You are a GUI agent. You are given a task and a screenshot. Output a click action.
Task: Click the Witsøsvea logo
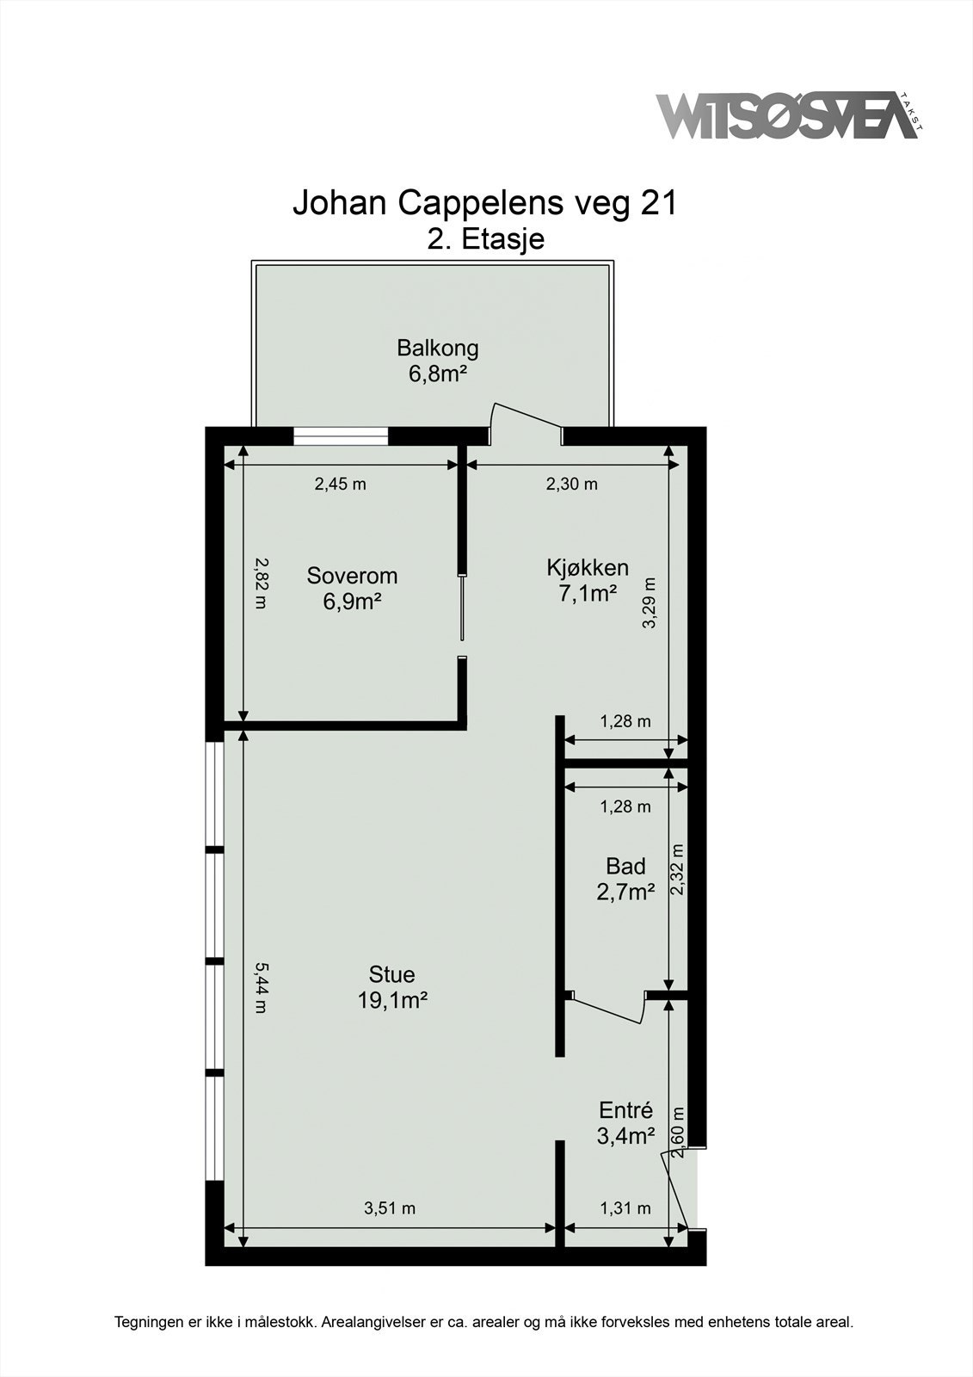pos(787,116)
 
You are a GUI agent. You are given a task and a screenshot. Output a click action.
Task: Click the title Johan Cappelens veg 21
pos(485,204)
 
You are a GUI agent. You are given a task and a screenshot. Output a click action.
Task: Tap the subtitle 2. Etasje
pos(485,238)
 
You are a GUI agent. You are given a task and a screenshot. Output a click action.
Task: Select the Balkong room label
pos(437,349)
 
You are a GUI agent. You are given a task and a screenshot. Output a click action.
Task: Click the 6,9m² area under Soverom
pos(352,601)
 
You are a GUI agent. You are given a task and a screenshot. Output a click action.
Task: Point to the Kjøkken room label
pos(588,568)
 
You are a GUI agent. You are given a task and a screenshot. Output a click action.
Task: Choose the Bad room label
pos(625,866)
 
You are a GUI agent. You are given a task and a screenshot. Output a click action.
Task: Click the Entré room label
pos(625,1110)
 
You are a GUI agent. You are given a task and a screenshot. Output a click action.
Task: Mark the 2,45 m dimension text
pos(340,484)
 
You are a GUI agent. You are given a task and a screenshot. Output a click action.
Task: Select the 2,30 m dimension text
pos(571,484)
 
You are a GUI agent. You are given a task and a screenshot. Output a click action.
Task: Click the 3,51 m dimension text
pos(389,1208)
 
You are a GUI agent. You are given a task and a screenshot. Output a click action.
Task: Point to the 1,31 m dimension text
pos(625,1208)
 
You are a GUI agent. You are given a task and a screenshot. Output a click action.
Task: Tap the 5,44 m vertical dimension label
pos(261,987)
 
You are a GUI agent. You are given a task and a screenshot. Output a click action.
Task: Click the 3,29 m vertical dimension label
pos(650,602)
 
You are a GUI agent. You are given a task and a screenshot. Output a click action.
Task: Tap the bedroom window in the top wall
pos(341,436)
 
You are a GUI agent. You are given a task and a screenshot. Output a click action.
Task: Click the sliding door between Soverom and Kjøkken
pos(462,608)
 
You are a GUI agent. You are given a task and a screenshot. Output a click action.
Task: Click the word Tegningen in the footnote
pos(148,1322)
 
